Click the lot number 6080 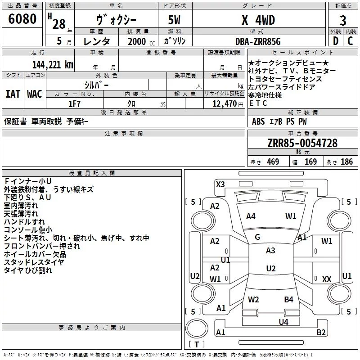(x=22, y=19)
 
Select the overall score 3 (x=343, y=21)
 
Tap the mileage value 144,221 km (x=53, y=65)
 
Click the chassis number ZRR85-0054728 (x=302, y=143)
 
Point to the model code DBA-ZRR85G (x=258, y=41)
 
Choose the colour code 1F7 (x=74, y=104)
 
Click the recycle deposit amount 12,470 (x=224, y=104)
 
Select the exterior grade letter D (x=336, y=41)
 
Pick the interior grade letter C (x=350, y=41)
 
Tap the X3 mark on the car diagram (x=220, y=184)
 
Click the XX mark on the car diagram (x=327, y=279)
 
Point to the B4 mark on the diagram (x=288, y=299)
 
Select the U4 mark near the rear (x=283, y=322)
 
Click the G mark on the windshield (x=257, y=237)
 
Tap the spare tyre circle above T (x=197, y=328)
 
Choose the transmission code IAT (x=13, y=94)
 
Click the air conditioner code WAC (x=35, y=94)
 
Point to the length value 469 (x=273, y=162)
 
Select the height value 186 (x=346, y=162)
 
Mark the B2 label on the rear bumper (x=321, y=332)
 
